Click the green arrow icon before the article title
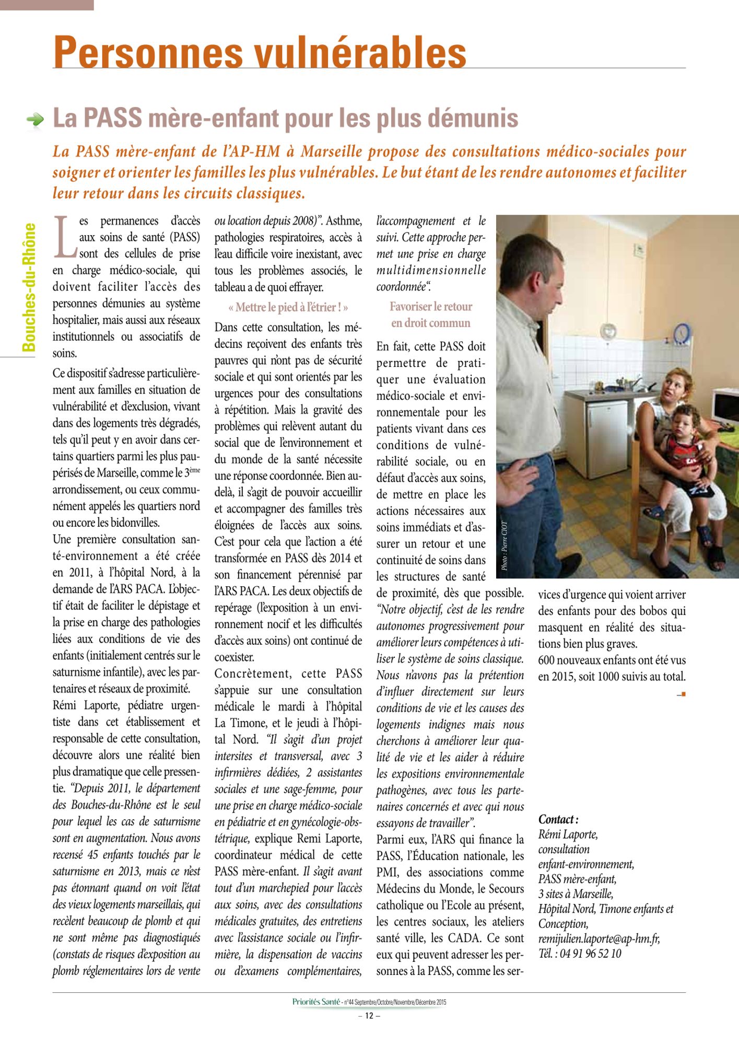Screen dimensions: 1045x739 (36, 119)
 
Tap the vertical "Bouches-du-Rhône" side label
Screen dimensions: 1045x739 (29, 287)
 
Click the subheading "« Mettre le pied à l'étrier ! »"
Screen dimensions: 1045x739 (288, 307)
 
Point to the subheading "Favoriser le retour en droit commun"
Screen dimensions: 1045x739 (431, 315)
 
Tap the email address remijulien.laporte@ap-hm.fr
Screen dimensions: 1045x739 (599, 938)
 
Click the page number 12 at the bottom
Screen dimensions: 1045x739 (369, 1016)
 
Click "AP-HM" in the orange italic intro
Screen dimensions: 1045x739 (253, 152)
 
